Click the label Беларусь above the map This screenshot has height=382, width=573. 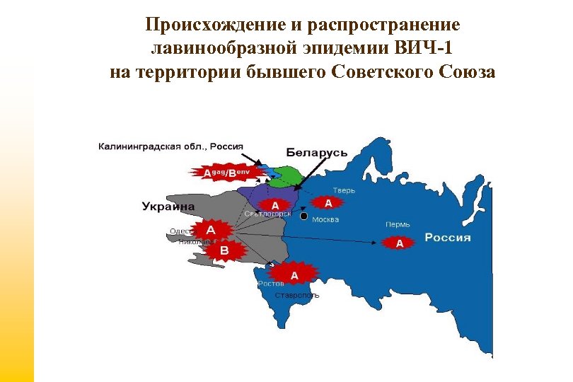(x=316, y=152)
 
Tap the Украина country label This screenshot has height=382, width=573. (x=168, y=207)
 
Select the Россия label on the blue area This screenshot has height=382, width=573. (x=447, y=238)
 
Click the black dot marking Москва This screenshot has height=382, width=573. (x=303, y=216)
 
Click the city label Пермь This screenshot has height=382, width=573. (x=397, y=224)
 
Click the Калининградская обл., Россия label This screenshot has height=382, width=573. (x=170, y=146)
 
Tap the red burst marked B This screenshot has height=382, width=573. (x=224, y=250)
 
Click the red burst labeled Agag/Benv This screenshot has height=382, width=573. (x=228, y=172)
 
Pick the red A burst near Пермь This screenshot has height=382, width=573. (x=400, y=243)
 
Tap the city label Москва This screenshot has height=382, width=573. (x=325, y=219)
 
